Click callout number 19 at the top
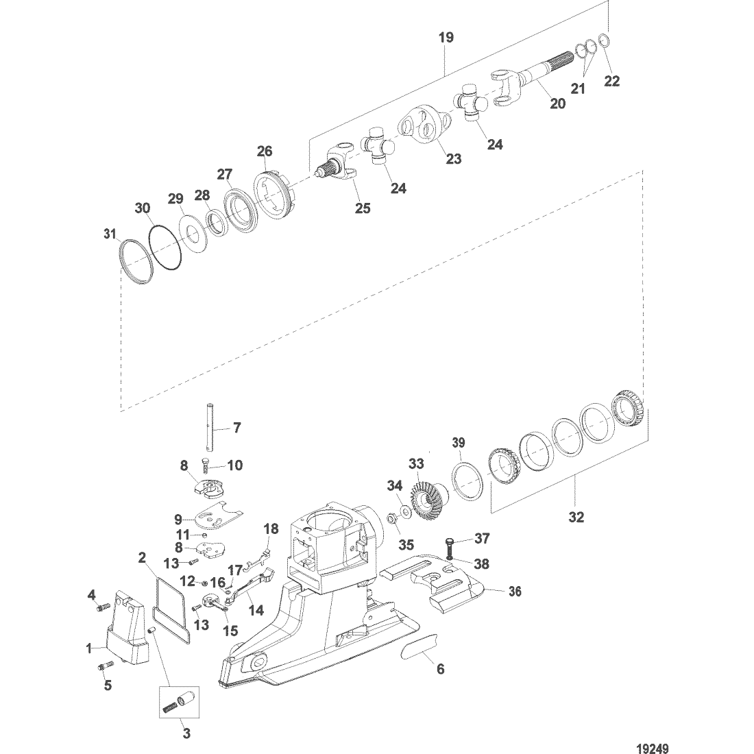(446, 38)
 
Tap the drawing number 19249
(653, 749)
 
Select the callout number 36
(515, 591)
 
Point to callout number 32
(576, 517)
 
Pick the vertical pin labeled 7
(210, 429)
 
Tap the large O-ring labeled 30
(165, 247)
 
